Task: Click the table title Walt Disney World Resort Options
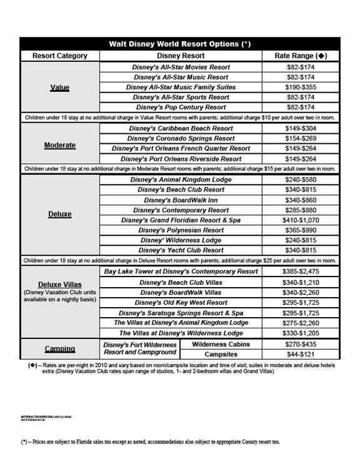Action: tap(180, 44)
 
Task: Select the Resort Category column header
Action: tap(60, 56)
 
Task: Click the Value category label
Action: tap(60, 88)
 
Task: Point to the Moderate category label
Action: tap(60, 145)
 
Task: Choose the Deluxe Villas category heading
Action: tap(60, 284)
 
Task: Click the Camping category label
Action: tap(60, 348)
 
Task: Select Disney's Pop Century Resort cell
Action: tap(181, 108)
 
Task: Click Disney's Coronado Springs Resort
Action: tap(181, 138)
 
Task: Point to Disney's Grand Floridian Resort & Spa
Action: tap(181, 220)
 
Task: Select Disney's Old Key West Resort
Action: tap(181, 302)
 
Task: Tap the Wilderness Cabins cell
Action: tap(221, 344)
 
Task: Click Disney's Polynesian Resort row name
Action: tap(181, 230)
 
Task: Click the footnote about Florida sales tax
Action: tap(150, 442)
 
